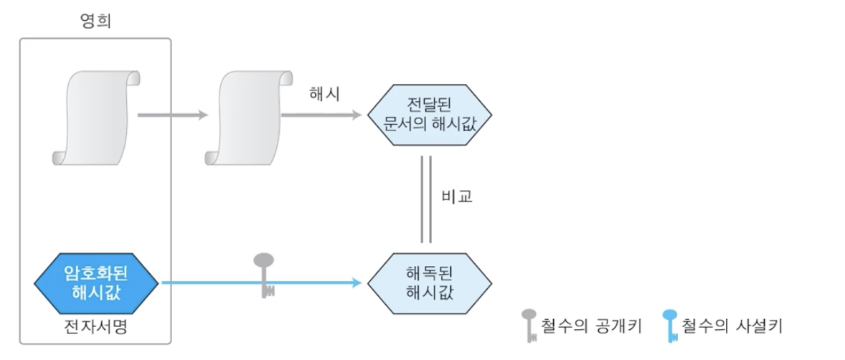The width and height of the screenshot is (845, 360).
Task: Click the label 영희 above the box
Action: tap(95, 22)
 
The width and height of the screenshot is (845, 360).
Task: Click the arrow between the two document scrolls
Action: tap(172, 115)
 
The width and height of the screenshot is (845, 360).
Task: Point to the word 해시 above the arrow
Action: tap(324, 95)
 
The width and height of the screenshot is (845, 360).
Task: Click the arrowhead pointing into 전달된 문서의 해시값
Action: tap(356, 115)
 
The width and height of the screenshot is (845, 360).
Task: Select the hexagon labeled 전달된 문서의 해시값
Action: tap(430, 115)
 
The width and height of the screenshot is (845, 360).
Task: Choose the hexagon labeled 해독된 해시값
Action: tap(430, 283)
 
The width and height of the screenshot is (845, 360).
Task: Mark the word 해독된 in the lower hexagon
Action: tap(430, 273)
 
